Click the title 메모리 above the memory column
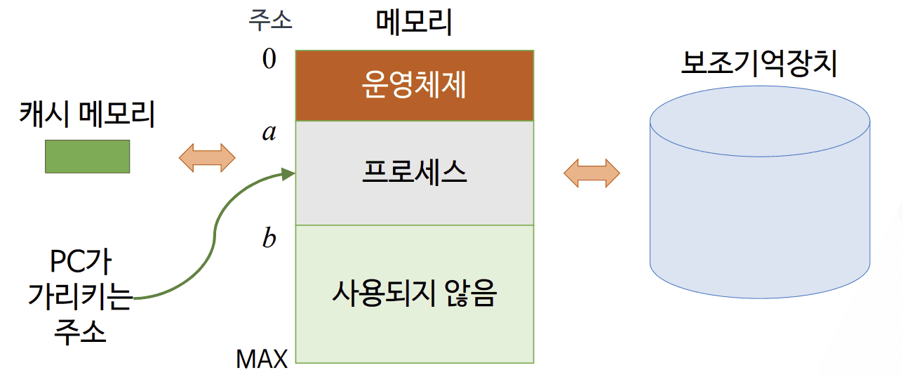tap(414, 23)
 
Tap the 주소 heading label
tap(270, 20)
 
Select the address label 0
tap(269, 59)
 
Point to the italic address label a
tap(269, 132)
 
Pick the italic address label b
tap(269, 239)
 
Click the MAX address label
tap(262, 359)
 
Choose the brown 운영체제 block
tap(414, 86)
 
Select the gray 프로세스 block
tap(414, 173)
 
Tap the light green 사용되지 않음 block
tap(414, 293)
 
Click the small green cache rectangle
tap(87, 156)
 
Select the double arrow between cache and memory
tap(207, 157)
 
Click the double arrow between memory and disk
tap(591, 173)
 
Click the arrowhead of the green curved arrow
tap(288, 173)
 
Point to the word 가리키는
tap(80, 297)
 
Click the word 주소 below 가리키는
tap(80, 331)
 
